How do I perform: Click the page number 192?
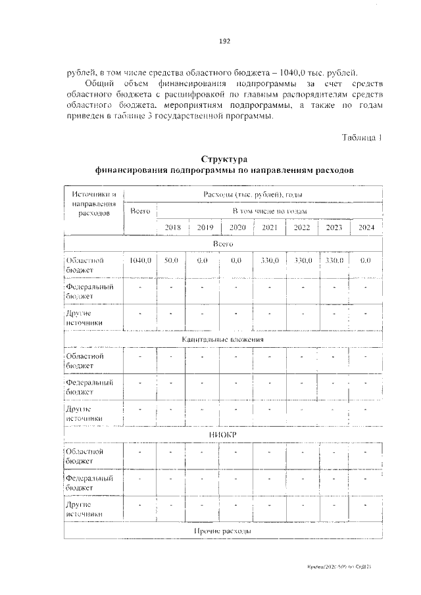click(x=224, y=41)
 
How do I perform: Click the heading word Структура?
click(x=224, y=159)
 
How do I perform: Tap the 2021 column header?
click(x=269, y=227)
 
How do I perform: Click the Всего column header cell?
click(x=141, y=211)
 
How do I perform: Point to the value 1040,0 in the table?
click(x=141, y=260)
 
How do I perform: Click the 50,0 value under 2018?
click(x=172, y=260)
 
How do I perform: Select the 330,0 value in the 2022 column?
click(x=302, y=260)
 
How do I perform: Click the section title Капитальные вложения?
click(x=223, y=339)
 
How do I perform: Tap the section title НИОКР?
click(x=223, y=435)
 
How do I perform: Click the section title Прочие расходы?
click(x=223, y=531)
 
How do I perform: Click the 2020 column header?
click(x=237, y=227)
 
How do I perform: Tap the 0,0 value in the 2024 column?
click(x=366, y=260)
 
